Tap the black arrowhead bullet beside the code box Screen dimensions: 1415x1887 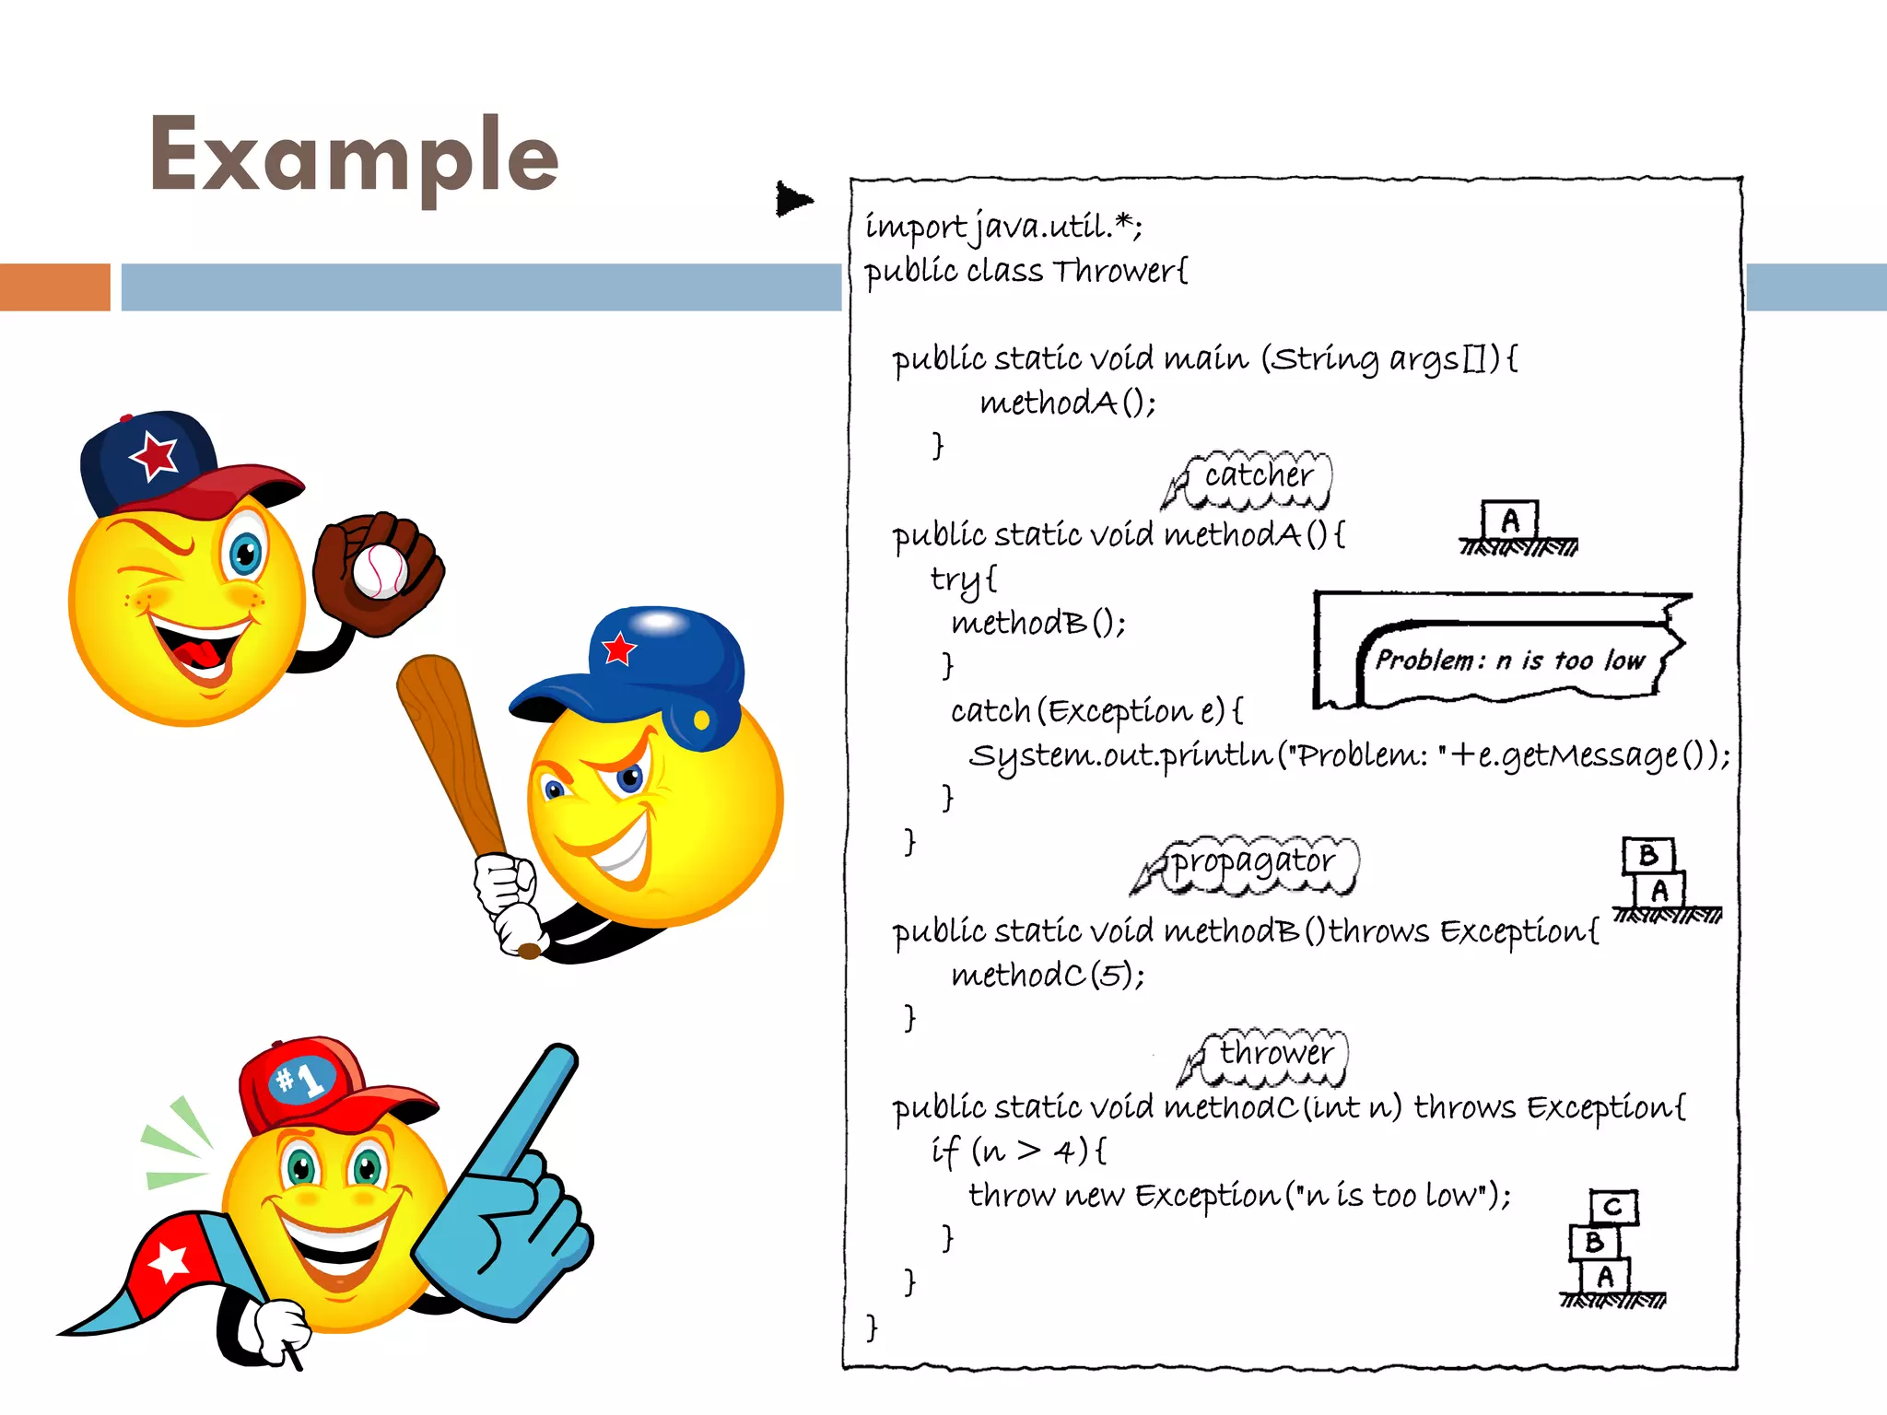[x=792, y=199]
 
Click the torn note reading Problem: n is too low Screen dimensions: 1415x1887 [x=1509, y=660]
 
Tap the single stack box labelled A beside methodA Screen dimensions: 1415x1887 [x=1510, y=521]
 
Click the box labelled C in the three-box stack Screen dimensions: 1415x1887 [x=1612, y=1207]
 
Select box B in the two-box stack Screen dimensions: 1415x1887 [x=1648, y=856]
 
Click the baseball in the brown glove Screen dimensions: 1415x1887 [x=379, y=571]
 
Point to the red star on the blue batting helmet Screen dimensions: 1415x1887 [x=619, y=649]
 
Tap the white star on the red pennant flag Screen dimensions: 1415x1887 [x=169, y=1261]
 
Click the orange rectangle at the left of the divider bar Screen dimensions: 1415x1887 [x=55, y=287]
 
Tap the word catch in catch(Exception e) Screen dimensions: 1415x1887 [x=990, y=711]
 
